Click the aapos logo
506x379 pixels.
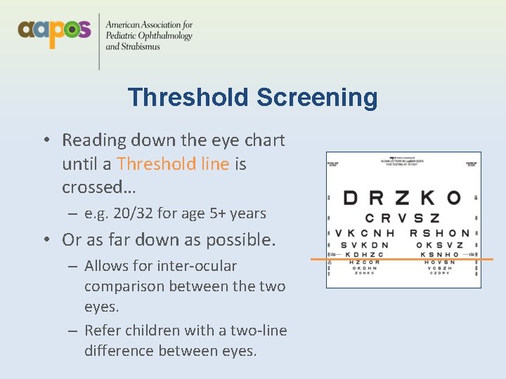[x=54, y=31]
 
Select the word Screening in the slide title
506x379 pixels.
[x=317, y=98]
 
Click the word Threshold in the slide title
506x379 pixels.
[x=188, y=98]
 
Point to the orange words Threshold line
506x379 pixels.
[x=173, y=164]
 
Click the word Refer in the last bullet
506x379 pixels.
[x=103, y=330]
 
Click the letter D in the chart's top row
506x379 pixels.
[x=350, y=198]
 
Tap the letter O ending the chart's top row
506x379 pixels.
[x=454, y=198]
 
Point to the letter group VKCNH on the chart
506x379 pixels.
[x=364, y=233]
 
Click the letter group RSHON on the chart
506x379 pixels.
[x=439, y=233]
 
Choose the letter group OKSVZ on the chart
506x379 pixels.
[x=439, y=245]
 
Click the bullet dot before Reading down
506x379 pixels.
[x=46, y=140]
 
